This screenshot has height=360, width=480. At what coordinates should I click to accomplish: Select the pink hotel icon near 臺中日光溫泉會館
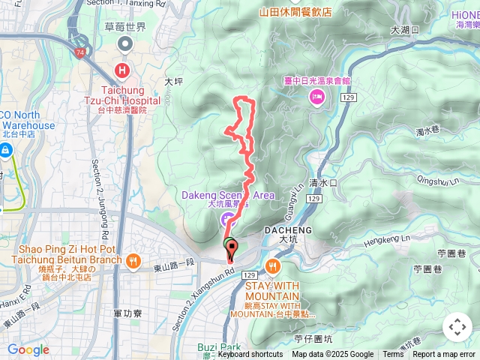(x=316, y=96)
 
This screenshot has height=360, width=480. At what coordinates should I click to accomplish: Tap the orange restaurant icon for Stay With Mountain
(x=271, y=265)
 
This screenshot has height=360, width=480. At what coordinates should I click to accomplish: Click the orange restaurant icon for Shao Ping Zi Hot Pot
(x=133, y=260)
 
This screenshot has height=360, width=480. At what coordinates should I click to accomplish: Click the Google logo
(x=28, y=349)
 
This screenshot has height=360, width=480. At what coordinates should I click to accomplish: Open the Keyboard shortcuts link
(x=250, y=355)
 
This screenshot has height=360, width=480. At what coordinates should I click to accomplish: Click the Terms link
(x=393, y=355)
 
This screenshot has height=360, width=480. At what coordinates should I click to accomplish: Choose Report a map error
(x=444, y=355)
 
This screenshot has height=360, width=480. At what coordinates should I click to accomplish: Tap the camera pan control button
(x=457, y=327)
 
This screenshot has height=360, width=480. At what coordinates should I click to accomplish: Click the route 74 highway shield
(x=79, y=52)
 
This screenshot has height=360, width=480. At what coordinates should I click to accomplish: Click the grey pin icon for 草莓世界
(x=123, y=44)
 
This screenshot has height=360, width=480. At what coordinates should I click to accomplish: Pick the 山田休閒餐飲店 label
(x=295, y=12)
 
